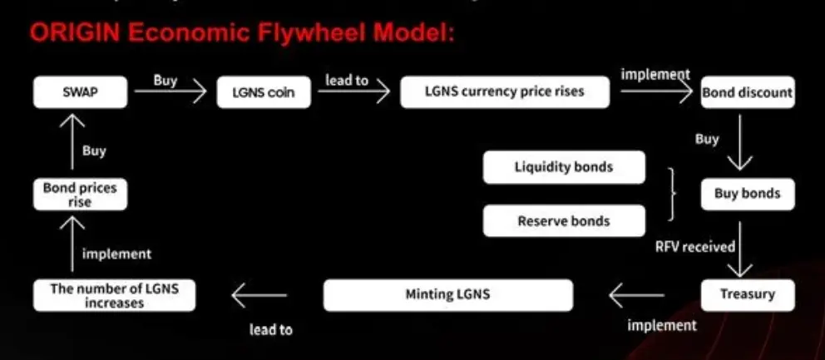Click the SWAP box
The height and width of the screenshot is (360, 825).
80,91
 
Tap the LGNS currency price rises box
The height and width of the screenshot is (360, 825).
505,91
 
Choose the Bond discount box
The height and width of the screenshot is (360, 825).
747,92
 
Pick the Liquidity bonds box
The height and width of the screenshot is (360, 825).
563,167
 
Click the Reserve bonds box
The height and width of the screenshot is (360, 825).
563,221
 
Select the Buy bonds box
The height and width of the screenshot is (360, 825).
747,194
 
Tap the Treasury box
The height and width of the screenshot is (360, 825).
747,294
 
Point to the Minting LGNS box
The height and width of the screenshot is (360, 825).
447,294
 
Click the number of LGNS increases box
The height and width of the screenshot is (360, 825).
114,295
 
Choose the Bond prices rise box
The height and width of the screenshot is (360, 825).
80,195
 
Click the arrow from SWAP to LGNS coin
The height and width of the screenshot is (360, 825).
170,92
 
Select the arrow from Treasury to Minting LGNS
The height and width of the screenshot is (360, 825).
636,294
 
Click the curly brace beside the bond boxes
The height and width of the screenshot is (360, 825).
672,194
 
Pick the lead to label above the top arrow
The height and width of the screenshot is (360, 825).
347,81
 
